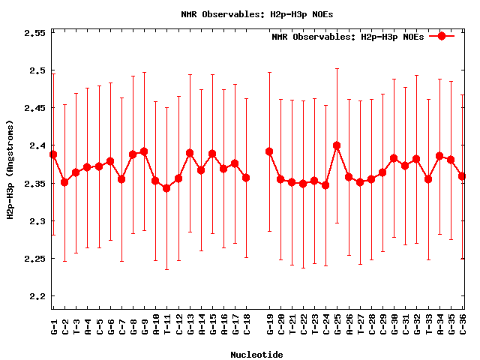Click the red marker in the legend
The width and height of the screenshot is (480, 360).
point(442,36)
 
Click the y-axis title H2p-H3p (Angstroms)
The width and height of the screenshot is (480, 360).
point(10,172)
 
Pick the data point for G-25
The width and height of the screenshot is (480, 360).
point(337,145)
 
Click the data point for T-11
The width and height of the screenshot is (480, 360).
point(166,188)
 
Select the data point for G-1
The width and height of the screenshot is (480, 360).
point(53,154)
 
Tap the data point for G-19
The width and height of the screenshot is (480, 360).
point(269,151)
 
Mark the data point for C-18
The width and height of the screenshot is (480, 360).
point(246,178)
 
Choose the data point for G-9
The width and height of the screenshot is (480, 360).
point(144,151)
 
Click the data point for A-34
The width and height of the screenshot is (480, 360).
point(439,156)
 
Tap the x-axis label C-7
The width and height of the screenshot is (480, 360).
point(121,324)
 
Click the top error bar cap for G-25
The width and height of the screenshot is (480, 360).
point(337,68)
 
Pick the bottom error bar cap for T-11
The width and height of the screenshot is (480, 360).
point(166,269)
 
